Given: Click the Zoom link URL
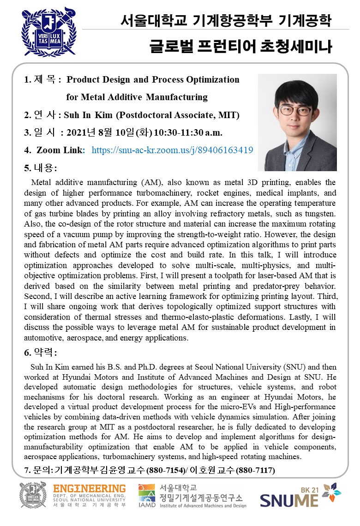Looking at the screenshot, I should coord(172,150).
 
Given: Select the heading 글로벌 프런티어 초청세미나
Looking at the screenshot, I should coord(240,47).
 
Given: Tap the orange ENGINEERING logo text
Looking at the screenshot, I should coord(89,489).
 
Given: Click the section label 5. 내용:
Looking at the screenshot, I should coord(40,167).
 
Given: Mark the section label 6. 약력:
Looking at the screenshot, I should coord(40,353).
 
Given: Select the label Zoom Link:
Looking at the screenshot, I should coord(60,150).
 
